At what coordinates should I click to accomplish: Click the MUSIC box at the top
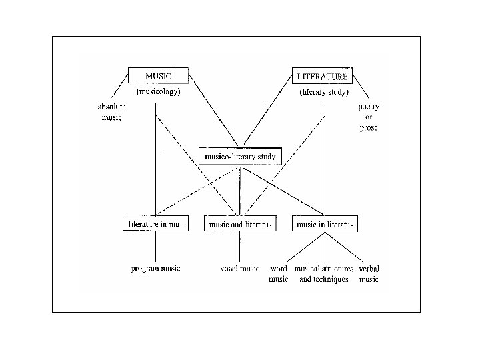(x=158, y=76)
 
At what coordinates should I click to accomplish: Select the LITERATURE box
(x=322, y=76)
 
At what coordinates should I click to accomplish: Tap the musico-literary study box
(x=241, y=157)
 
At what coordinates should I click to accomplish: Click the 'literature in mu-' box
(x=156, y=224)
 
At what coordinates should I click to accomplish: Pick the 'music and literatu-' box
(x=240, y=225)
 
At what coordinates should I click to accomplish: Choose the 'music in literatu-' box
(x=325, y=225)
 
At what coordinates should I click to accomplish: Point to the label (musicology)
(x=158, y=92)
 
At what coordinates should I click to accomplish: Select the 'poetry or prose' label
(x=368, y=117)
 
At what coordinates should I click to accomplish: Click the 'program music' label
(x=155, y=269)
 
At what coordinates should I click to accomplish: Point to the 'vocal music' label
(x=240, y=269)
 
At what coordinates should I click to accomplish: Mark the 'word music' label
(x=279, y=274)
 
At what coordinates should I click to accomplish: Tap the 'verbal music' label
(x=369, y=274)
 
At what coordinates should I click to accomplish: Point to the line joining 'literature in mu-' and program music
(x=156, y=247)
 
